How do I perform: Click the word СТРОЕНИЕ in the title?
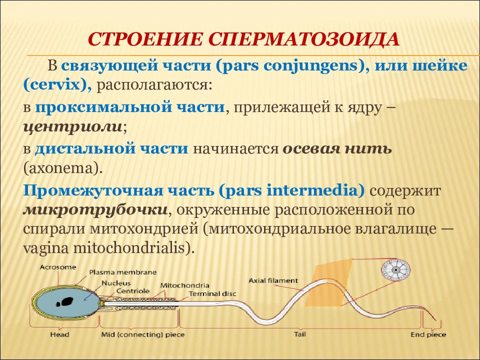tap(145, 38)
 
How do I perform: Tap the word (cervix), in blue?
tap(57, 85)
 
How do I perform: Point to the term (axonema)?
tap(62, 168)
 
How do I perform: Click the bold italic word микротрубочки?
tap(95, 210)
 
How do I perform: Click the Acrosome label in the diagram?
tap(58, 267)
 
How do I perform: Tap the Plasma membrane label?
tap(123, 272)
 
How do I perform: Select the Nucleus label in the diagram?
tap(116, 283)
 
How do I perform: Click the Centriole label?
tap(133, 291)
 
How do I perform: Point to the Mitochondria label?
tap(184, 285)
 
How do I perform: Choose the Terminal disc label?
tap(213, 294)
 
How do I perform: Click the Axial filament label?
tap(273, 280)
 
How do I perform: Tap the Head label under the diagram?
tap(59, 334)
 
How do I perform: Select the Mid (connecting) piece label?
tap(143, 334)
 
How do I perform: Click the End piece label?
tap(428, 335)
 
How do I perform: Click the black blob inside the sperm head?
tap(64, 302)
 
